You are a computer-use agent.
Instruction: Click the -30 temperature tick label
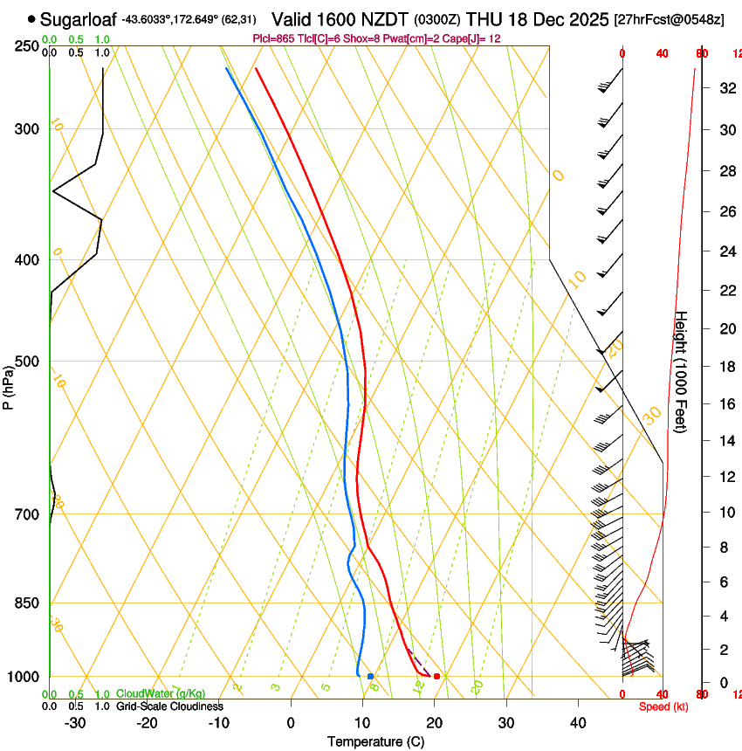(75, 723)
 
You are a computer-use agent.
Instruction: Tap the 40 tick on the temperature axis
(578, 723)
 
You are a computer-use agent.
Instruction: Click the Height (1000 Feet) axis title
(682, 371)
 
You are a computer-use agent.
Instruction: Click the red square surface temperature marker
(436, 676)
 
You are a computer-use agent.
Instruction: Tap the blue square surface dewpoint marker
(371, 676)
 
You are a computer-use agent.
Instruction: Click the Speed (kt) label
(663, 706)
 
